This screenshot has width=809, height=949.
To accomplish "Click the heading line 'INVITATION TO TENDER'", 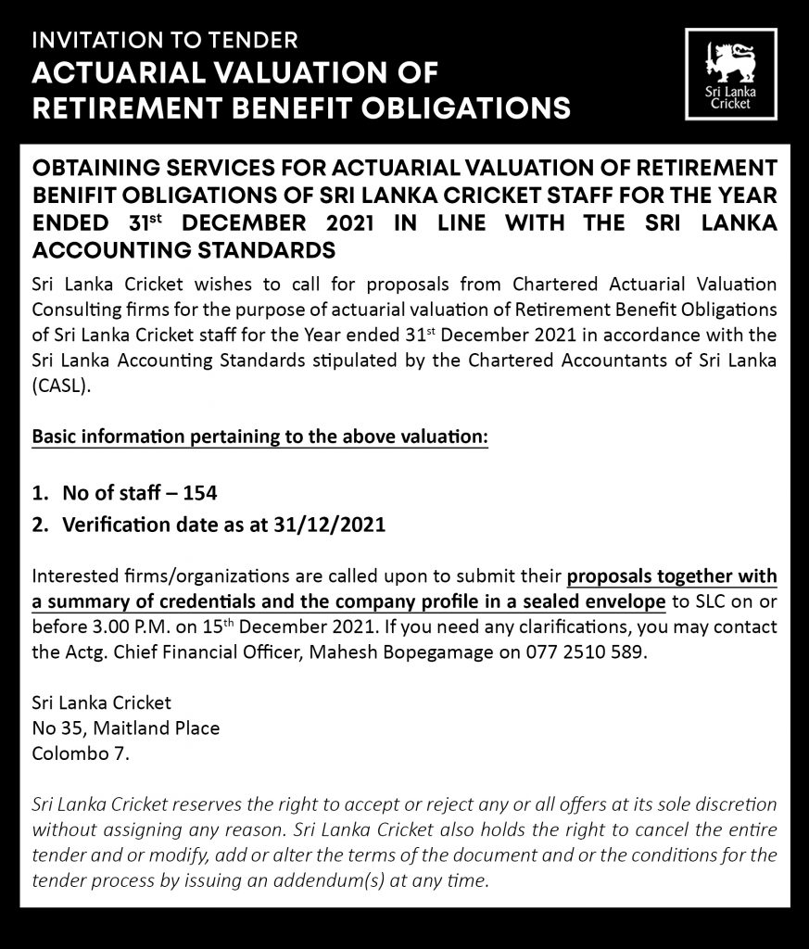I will pos(165,40).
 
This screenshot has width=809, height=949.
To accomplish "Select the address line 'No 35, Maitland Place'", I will pos(126,728).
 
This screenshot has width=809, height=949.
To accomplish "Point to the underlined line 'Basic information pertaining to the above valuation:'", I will pos(260,436).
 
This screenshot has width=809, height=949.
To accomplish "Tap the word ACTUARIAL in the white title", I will pos(120,75).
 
